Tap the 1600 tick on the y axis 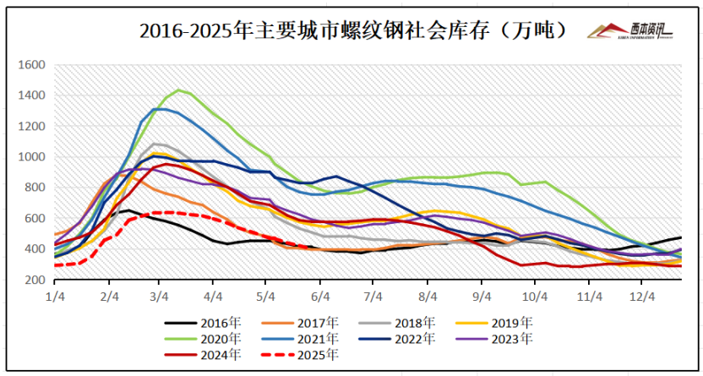pyautogui.click(x=30, y=65)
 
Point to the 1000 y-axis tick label pyautogui.click(x=30, y=157)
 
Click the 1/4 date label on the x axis pyautogui.click(x=56, y=297)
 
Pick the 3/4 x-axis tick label pyautogui.click(x=161, y=297)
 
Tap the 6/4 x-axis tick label pyautogui.click(x=320, y=297)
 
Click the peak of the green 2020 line pyautogui.click(x=178, y=90)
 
